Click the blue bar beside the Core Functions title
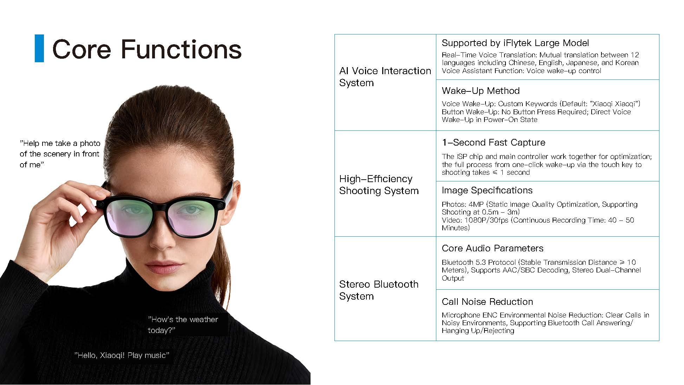click(x=39, y=48)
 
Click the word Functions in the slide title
click(x=181, y=49)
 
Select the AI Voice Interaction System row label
click(x=385, y=77)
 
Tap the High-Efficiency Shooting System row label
click(x=379, y=185)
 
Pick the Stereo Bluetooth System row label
click(x=379, y=290)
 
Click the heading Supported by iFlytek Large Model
click(x=515, y=43)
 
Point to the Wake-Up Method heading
click(x=481, y=91)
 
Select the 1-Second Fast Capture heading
click(x=493, y=142)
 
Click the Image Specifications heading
click(x=487, y=190)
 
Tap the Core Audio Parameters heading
click(x=493, y=248)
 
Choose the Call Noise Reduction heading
click(x=487, y=302)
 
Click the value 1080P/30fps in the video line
click(x=486, y=220)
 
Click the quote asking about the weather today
click(x=183, y=325)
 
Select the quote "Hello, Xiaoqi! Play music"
click(x=122, y=355)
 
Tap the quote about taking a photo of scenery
click(x=60, y=154)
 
